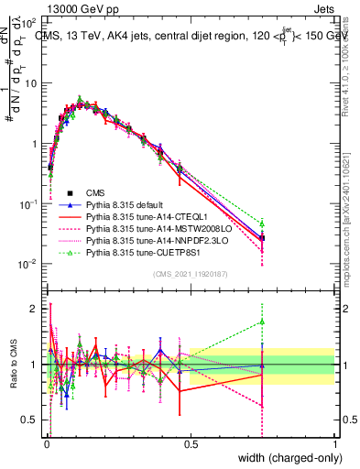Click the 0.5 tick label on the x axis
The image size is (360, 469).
[x=191, y=444]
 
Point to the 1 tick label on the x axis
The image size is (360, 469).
[x=334, y=444]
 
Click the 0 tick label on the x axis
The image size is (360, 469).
[x=47, y=444]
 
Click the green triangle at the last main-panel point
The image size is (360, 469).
[x=262, y=224]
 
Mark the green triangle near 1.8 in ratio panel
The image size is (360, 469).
[x=262, y=322]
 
